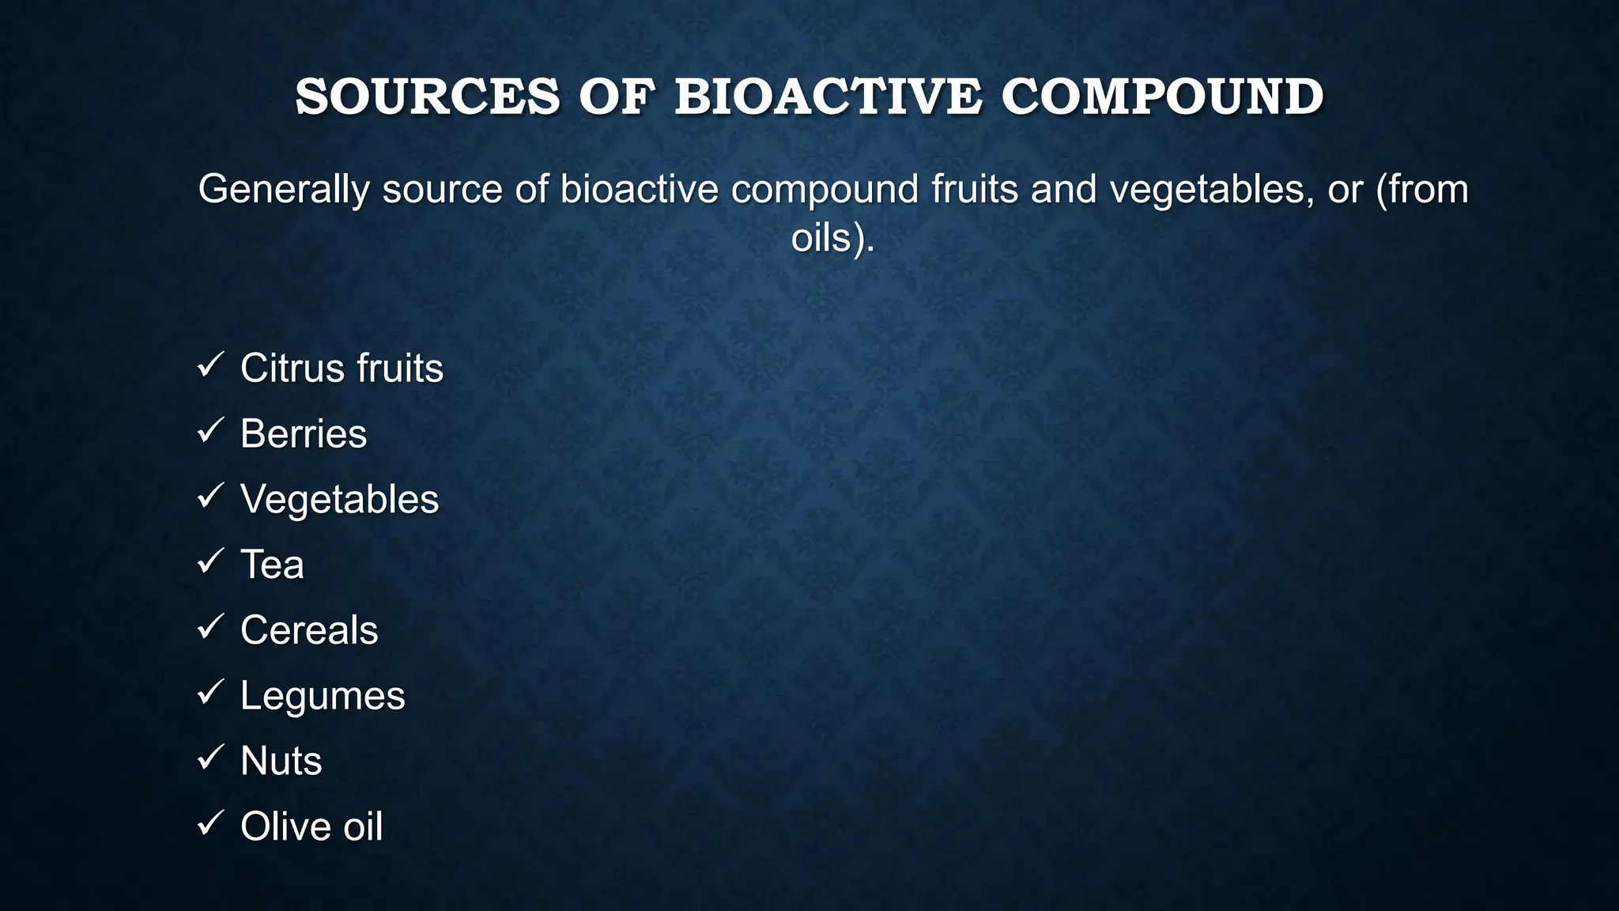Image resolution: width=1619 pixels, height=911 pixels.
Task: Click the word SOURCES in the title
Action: click(428, 96)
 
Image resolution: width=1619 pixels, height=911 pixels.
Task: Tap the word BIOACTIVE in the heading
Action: click(828, 96)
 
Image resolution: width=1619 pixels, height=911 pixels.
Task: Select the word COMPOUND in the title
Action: click(1162, 96)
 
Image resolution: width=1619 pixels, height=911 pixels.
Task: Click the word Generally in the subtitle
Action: click(284, 190)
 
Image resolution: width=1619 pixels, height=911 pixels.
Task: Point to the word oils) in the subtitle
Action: click(832, 237)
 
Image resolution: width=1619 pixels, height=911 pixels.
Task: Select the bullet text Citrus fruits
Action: click(342, 369)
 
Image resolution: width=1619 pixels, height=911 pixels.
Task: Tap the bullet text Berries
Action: click(304, 434)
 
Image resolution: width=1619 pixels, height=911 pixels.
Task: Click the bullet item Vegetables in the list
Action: click(339, 500)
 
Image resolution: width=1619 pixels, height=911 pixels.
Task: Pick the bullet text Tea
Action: click(272, 565)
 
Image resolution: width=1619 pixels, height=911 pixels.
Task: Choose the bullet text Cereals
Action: click(309, 630)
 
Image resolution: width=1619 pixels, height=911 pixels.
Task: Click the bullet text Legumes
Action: click(323, 696)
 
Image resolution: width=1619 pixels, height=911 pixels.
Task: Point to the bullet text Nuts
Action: click(281, 761)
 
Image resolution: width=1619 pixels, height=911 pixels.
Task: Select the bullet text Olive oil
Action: click(311, 826)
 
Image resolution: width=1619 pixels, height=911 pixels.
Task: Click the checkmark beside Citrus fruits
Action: click(211, 365)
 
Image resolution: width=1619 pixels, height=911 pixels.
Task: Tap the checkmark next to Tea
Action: click(211, 561)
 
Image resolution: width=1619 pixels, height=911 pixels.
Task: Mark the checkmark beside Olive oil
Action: click(211, 823)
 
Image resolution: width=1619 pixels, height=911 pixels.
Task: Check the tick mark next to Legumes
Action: click(211, 693)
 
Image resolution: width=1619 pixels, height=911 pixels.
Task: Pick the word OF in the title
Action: click(617, 96)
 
